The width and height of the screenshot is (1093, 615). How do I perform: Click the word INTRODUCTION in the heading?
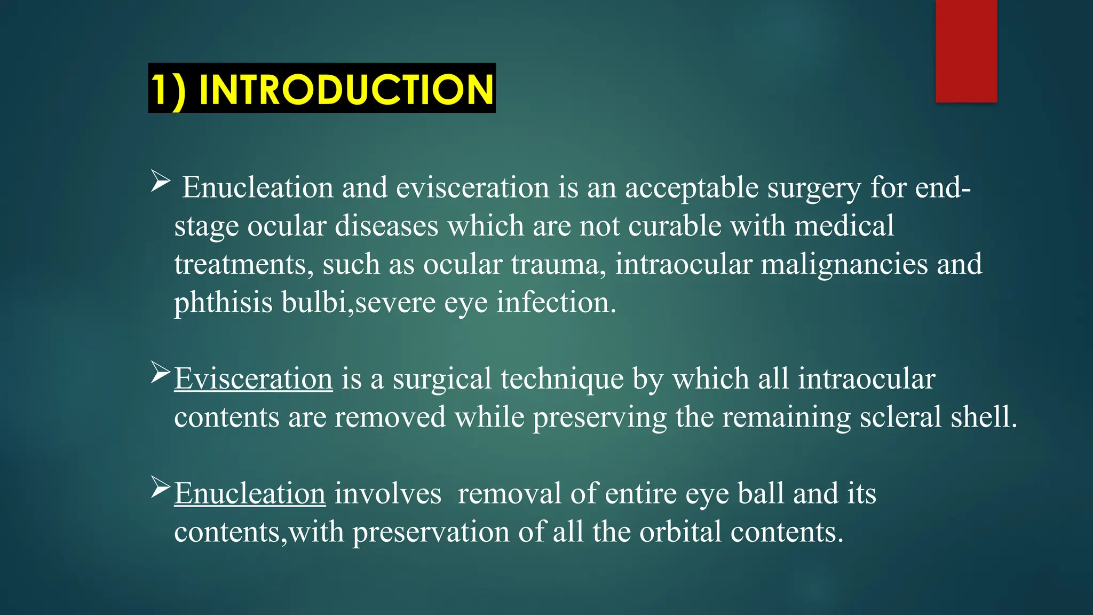tap(346, 89)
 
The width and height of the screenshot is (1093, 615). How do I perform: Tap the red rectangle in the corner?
tap(966, 51)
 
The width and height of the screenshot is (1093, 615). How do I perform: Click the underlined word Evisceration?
tap(254, 379)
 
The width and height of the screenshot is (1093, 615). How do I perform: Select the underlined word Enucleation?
tap(250, 493)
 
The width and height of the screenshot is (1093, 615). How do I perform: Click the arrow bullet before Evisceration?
tap(160, 372)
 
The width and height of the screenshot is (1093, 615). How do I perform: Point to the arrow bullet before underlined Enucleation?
tap(160, 486)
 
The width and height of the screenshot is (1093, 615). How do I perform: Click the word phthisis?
tap(224, 303)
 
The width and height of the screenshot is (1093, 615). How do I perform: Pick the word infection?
tap(556, 303)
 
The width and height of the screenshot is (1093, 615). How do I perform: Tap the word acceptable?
tap(692, 188)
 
